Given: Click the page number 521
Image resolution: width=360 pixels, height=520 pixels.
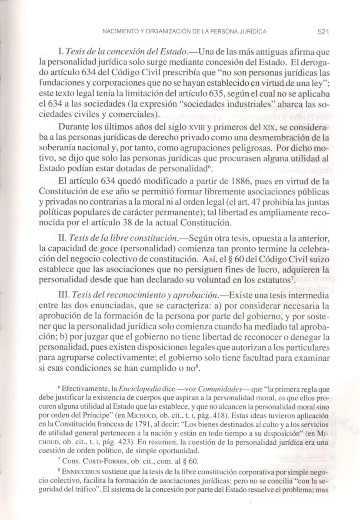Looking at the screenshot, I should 324,32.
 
